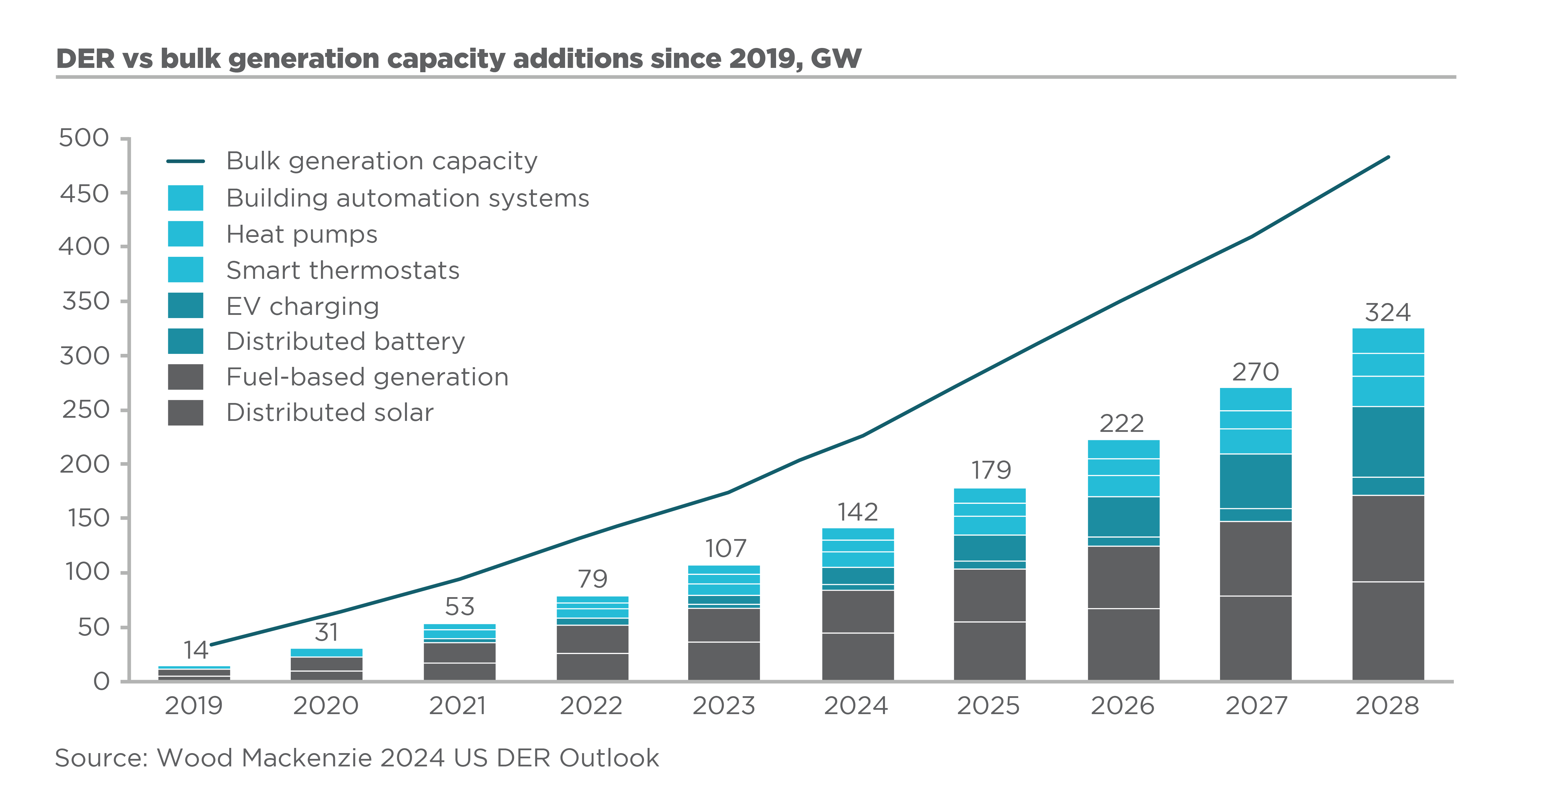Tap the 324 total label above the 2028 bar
[1388, 313]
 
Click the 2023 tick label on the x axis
[724, 705]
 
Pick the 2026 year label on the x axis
[1122, 705]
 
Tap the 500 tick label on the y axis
[84, 138]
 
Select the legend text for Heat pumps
[302, 234]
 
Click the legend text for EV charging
[302, 307]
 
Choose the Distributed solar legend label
[329, 413]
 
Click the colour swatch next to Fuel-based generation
[185, 377]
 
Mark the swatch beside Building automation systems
[185, 198]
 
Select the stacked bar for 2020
[327, 665]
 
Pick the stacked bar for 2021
[459, 653]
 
